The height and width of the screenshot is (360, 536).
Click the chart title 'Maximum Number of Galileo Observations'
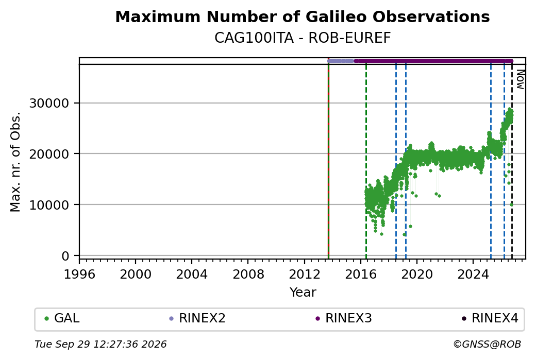point(303,16)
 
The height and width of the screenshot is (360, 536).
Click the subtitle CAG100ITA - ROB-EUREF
point(303,38)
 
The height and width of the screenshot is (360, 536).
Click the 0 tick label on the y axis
point(65,256)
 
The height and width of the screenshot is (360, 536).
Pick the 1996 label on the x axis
point(80,274)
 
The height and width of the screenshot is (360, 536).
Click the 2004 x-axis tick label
point(192,274)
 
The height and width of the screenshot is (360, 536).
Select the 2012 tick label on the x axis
point(304,274)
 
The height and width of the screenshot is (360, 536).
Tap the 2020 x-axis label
point(417,274)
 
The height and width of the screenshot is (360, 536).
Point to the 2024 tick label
point(473,274)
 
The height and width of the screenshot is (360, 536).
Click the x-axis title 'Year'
point(303,293)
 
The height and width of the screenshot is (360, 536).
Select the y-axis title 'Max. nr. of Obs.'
point(15,162)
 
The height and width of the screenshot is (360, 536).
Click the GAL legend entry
point(62,318)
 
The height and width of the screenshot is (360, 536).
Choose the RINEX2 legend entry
point(197,318)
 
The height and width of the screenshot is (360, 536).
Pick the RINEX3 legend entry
point(344,318)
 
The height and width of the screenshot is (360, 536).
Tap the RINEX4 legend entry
point(490,318)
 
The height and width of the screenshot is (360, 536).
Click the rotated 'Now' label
point(520,79)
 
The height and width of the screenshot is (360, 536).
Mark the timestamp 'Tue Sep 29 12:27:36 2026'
point(100,344)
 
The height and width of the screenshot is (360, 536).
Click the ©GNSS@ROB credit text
point(487,344)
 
